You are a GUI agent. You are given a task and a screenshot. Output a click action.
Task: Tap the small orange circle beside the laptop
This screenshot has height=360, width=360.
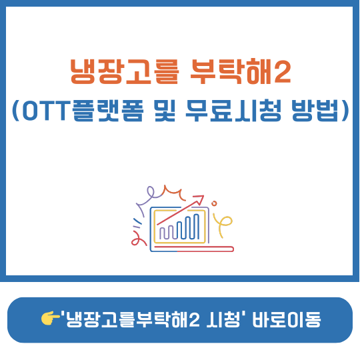[214, 202]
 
